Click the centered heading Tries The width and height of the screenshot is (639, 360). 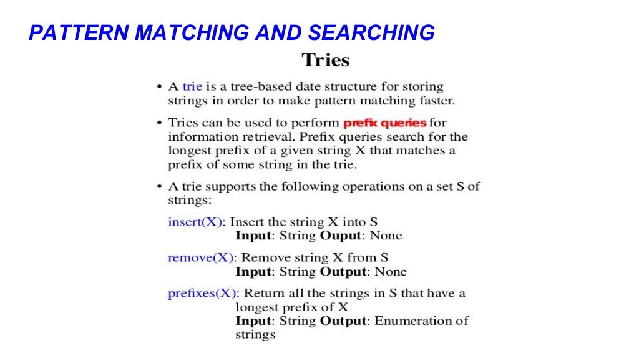point(325,61)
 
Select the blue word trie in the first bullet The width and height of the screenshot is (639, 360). point(192,86)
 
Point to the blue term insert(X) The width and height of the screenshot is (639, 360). point(195,222)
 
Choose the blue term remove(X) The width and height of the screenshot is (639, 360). point(200,257)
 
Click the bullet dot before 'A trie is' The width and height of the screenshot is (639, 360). point(160,87)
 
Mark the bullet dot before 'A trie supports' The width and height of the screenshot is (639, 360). point(160,187)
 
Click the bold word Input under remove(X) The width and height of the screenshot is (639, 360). point(253,272)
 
